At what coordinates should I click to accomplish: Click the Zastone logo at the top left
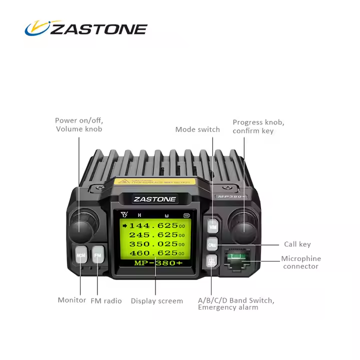[x=86, y=28]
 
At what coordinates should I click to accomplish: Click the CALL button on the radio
[x=212, y=245]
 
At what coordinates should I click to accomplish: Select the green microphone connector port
[x=238, y=258]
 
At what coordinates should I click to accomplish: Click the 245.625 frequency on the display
[x=153, y=235]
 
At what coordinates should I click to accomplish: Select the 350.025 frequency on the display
[x=153, y=244]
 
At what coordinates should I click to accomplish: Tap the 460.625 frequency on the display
[x=153, y=253]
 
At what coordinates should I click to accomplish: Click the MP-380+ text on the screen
[x=155, y=263]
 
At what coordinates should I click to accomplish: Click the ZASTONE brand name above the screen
[x=155, y=199]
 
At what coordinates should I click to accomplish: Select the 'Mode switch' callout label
[x=197, y=129]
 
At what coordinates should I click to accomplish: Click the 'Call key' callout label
[x=297, y=244]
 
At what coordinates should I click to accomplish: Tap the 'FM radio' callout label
[x=106, y=301]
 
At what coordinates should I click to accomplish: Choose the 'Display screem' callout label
[x=156, y=301]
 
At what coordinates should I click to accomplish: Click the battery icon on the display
[x=187, y=216]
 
